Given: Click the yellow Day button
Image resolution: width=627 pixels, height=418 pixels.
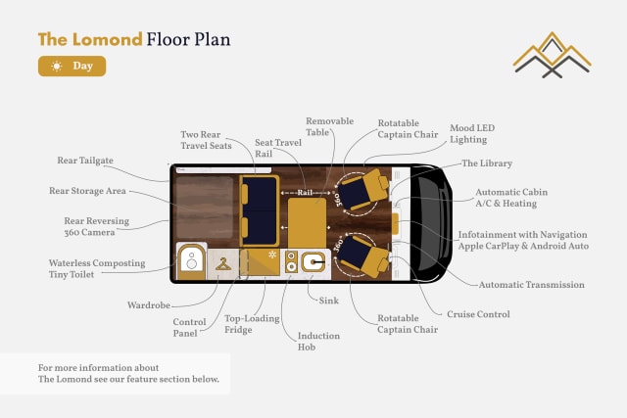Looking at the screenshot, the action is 72,67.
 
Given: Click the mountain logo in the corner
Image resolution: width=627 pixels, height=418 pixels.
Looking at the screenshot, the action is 554,55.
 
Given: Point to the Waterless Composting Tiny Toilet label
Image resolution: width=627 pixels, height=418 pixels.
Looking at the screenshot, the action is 97,269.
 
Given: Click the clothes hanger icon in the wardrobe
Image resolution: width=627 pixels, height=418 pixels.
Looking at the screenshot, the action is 225,263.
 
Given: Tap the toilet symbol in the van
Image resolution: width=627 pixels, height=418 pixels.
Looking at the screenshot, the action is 191,260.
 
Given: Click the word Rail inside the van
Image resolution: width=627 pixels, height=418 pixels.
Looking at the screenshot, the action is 305,193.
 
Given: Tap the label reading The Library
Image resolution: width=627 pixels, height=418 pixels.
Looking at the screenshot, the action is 487,163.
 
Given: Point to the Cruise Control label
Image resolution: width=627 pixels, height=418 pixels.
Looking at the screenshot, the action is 478,314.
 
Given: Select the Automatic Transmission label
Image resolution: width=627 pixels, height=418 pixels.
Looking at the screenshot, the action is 531,285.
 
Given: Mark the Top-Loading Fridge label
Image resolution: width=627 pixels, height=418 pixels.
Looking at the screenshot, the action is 252,325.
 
